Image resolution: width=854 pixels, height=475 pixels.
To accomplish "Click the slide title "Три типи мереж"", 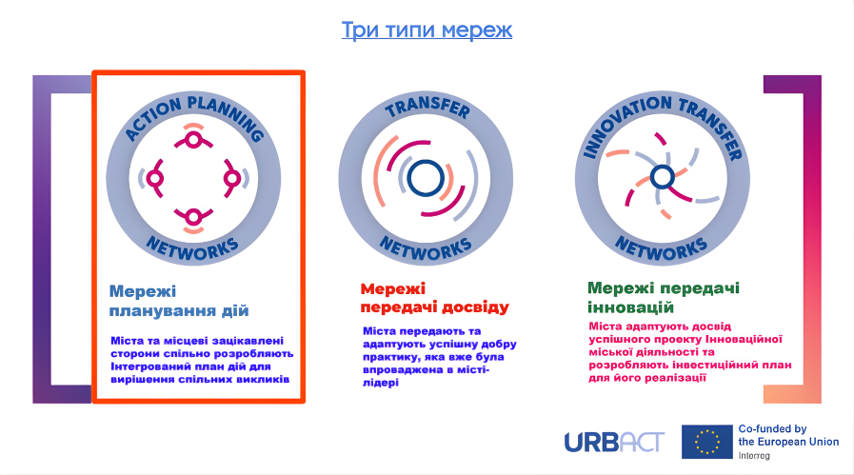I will click(x=427, y=30).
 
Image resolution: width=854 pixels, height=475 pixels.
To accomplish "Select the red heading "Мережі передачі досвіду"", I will click(x=434, y=298).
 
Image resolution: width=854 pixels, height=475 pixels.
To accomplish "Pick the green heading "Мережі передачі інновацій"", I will click(x=664, y=298).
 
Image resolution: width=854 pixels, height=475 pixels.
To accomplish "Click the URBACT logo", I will click(x=613, y=442).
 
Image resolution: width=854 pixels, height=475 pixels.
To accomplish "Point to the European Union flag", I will click(x=705, y=442).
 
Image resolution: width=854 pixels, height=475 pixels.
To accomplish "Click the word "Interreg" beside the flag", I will click(x=754, y=455).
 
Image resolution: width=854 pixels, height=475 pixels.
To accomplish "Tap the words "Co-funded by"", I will click(x=772, y=429).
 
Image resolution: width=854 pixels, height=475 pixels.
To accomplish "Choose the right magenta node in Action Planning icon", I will click(x=231, y=178).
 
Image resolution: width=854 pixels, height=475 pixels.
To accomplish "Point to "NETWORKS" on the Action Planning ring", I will click(x=193, y=247).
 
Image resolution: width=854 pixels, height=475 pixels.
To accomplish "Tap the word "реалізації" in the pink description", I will click(x=674, y=377).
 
